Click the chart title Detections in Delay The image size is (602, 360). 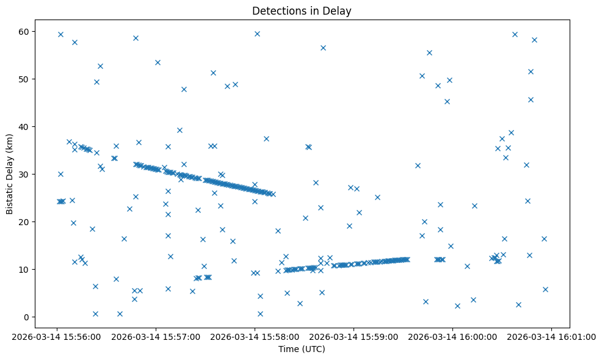tap(302, 11)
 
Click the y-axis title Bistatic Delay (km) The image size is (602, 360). tap(10, 168)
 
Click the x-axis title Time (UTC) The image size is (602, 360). tap(302, 349)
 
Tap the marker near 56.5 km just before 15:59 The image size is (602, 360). tap(323, 48)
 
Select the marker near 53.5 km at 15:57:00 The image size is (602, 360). tap(158, 62)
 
